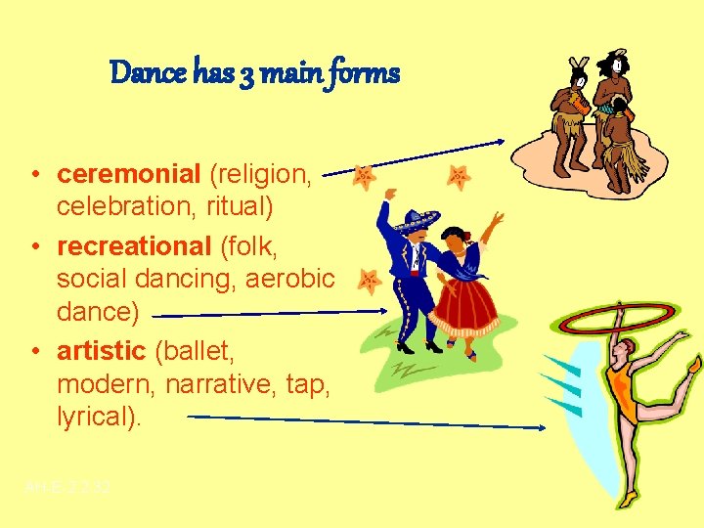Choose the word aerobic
[x=290, y=279]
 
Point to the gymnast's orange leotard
[x=622, y=390]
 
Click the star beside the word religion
[x=364, y=176]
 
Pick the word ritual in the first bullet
[x=240, y=208]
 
